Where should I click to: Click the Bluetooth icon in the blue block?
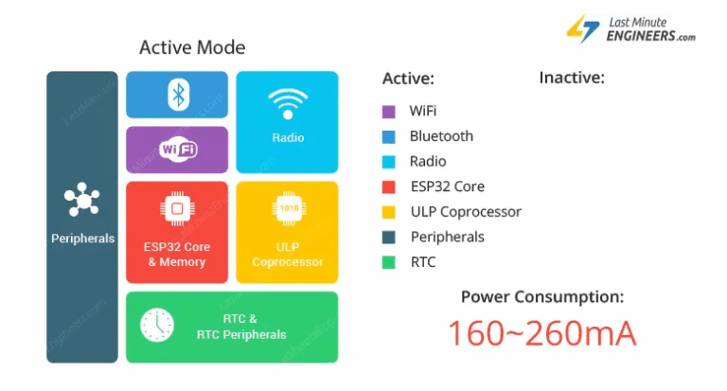point(177,95)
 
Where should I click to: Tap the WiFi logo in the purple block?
point(178,150)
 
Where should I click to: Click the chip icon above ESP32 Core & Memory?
point(177,208)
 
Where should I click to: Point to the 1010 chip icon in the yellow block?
point(288,208)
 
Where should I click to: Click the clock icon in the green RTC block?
point(157,326)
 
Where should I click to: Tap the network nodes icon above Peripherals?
point(82,200)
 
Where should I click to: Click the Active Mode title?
point(192,47)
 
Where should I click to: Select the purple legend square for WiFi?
point(388,112)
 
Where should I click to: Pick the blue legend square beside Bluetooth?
point(388,136)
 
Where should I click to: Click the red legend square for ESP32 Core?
point(388,187)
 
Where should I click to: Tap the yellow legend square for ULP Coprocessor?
point(388,213)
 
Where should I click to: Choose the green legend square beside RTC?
point(388,263)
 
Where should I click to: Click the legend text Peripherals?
point(447,238)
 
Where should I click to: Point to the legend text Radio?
point(428,162)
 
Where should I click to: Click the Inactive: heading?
point(572,78)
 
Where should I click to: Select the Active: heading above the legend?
point(408,79)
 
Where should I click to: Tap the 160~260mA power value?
point(541,333)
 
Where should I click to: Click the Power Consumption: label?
point(542,297)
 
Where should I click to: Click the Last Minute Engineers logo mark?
point(582,28)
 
